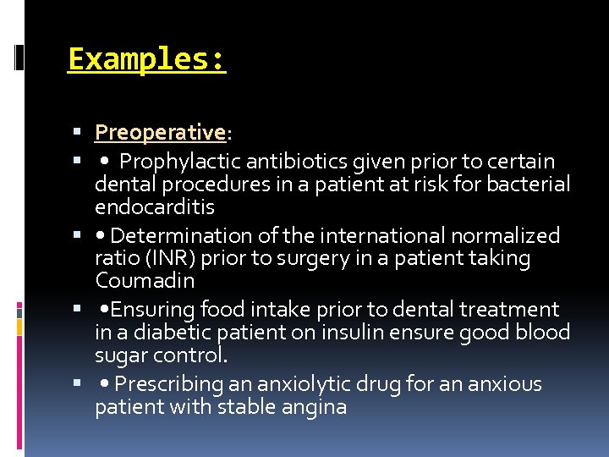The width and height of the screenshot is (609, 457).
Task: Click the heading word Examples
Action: click(x=146, y=60)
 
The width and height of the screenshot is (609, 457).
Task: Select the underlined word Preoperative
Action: click(x=160, y=133)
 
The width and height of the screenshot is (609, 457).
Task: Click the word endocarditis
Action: click(x=155, y=207)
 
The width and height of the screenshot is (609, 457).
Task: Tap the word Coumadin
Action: click(x=145, y=281)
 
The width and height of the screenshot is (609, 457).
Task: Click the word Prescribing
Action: click(x=168, y=384)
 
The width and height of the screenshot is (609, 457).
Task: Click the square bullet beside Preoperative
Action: click(x=77, y=133)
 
